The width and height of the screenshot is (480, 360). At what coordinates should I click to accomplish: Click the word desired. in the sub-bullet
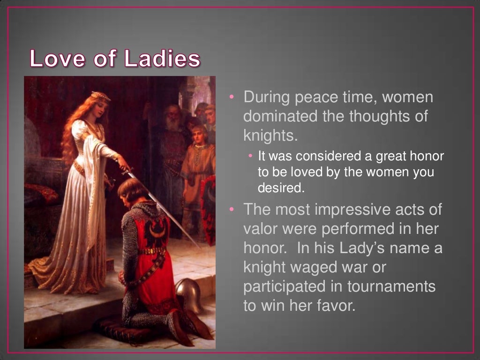281,188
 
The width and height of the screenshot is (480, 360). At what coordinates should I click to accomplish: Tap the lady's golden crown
101,96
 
